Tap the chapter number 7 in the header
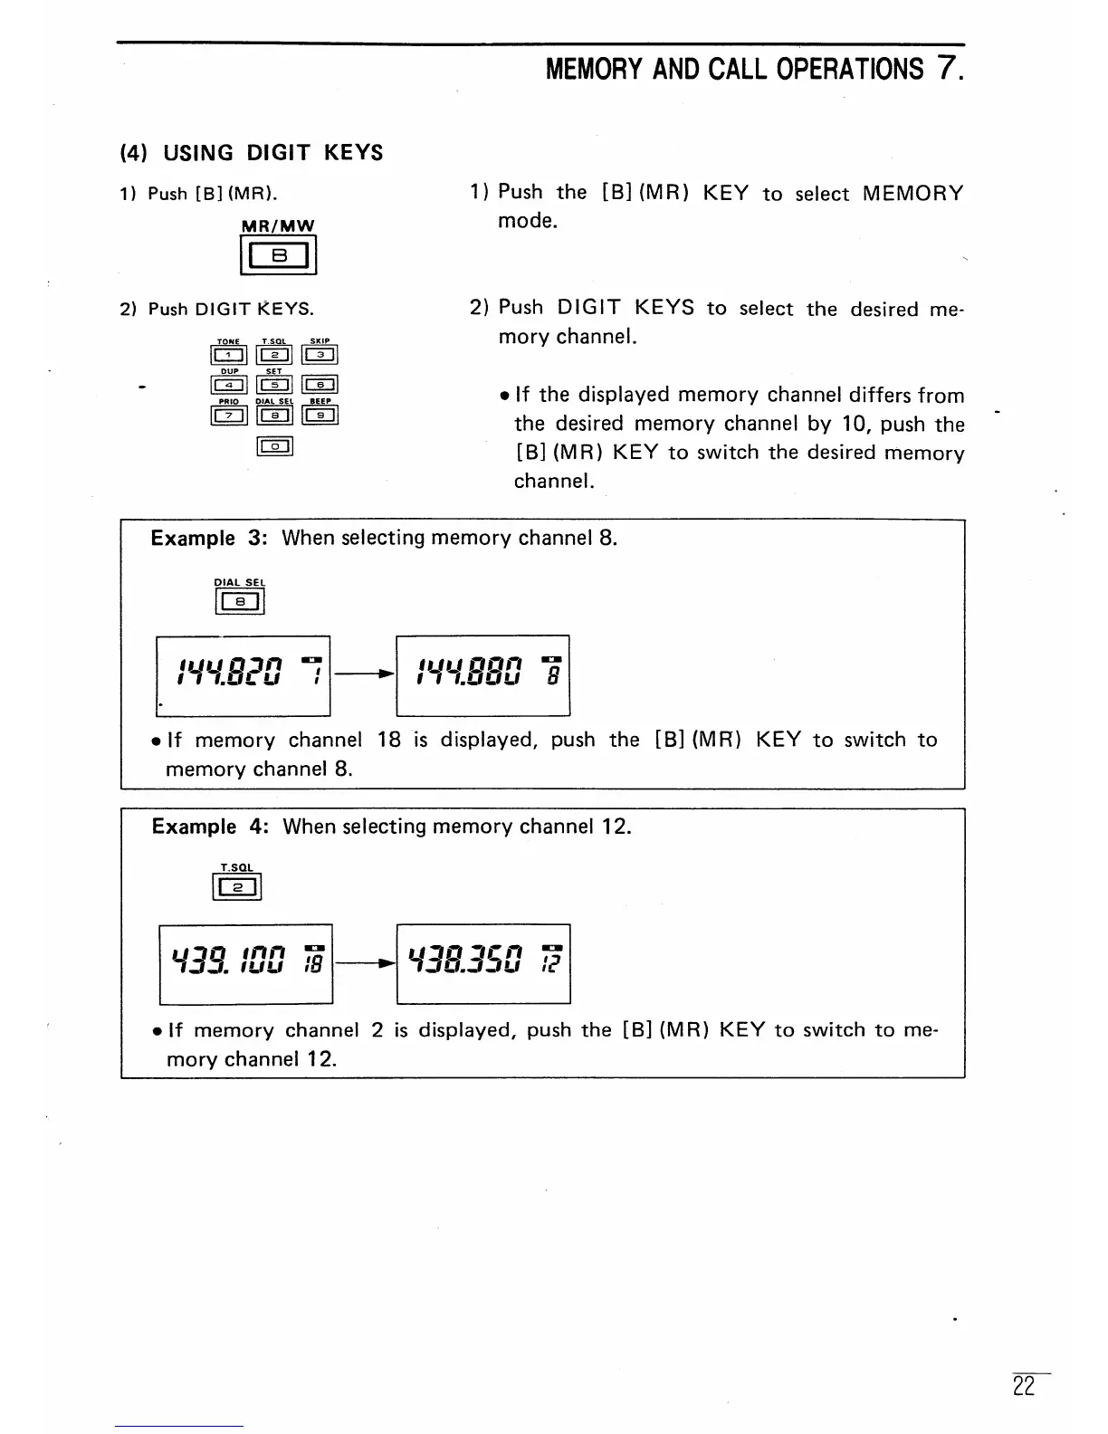(946, 68)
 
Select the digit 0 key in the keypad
(274, 445)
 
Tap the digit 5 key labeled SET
(274, 386)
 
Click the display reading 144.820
(243, 675)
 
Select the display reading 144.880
(483, 675)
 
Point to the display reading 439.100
(245, 964)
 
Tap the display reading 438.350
(483, 964)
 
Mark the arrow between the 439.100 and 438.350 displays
(365, 963)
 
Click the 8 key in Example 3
(240, 601)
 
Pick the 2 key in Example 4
(237, 890)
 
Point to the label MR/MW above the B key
(278, 225)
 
